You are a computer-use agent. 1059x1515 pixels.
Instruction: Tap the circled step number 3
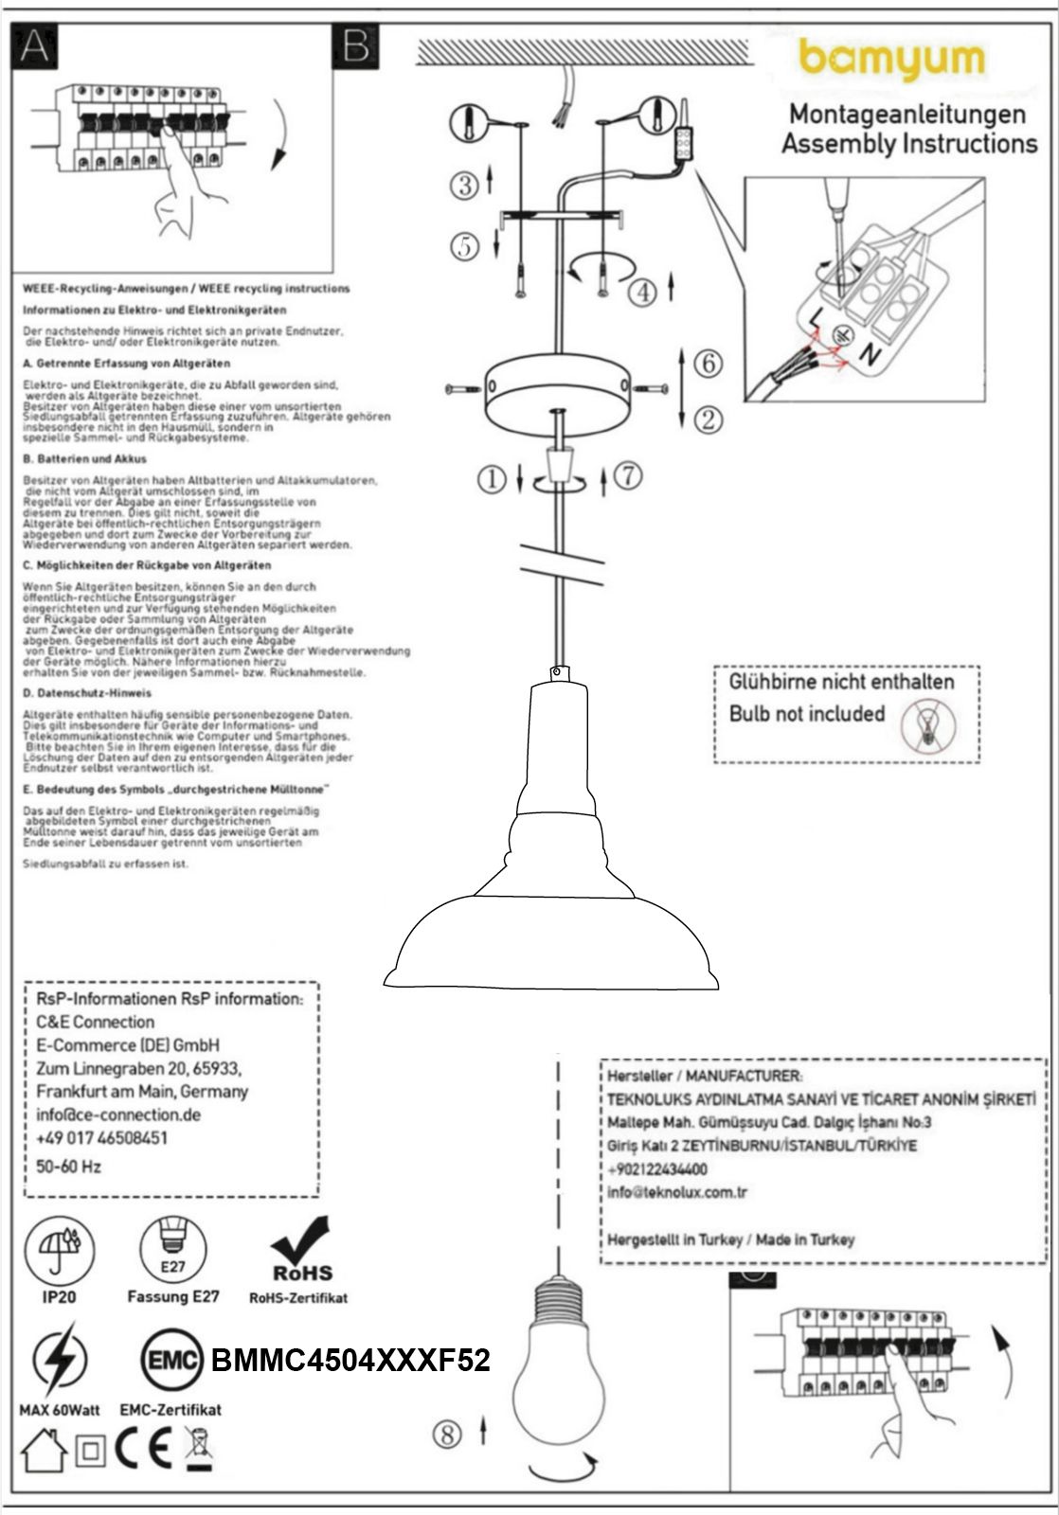click(x=465, y=184)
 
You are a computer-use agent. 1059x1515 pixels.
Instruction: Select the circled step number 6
click(x=708, y=363)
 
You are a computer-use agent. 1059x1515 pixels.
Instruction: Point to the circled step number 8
click(x=447, y=1435)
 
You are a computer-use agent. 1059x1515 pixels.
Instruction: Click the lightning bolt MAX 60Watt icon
click(x=59, y=1363)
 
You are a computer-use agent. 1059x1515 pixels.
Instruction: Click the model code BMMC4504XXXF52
click(x=350, y=1362)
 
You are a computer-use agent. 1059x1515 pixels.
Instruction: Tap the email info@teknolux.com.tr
click(x=677, y=1192)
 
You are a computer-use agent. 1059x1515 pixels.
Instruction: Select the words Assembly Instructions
click(x=908, y=144)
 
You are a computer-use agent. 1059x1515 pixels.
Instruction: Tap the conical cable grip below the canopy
click(x=562, y=467)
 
